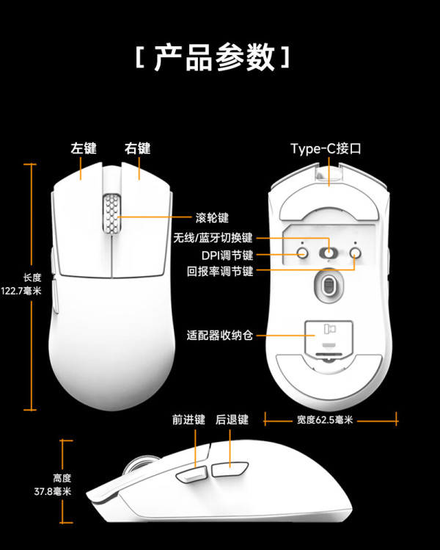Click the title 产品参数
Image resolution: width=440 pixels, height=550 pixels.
click(215, 57)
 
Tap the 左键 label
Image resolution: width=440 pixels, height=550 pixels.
click(84, 148)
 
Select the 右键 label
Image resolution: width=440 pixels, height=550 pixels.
click(138, 148)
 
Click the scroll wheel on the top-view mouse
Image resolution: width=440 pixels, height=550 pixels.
click(111, 213)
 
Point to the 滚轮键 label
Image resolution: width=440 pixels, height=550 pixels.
click(212, 218)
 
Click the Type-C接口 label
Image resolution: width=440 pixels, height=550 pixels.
click(326, 149)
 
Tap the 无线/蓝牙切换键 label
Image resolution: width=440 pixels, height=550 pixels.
click(213, 238)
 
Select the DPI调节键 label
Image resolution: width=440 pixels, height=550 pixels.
click(227, 255)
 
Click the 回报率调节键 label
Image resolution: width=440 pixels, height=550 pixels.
click(220, 271)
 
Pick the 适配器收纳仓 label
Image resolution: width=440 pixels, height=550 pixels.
click(220, 336)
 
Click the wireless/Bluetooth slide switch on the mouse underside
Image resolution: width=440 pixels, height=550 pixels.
click(329, 253)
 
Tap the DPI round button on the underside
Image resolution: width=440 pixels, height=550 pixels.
click(302, 252)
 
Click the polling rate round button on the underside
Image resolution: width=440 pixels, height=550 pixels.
click(355, 252)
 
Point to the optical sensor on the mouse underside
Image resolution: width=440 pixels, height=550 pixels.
click(329, 285)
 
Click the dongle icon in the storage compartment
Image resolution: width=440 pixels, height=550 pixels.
click(329, 329)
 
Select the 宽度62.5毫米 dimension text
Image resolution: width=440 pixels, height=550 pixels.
click(325, 419)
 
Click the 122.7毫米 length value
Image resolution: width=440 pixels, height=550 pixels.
click(21, 291)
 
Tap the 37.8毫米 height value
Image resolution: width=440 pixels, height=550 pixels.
click(53, 491)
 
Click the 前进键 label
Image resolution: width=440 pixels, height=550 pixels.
click(188, 419)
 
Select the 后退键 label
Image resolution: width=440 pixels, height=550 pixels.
click(232, 419)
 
